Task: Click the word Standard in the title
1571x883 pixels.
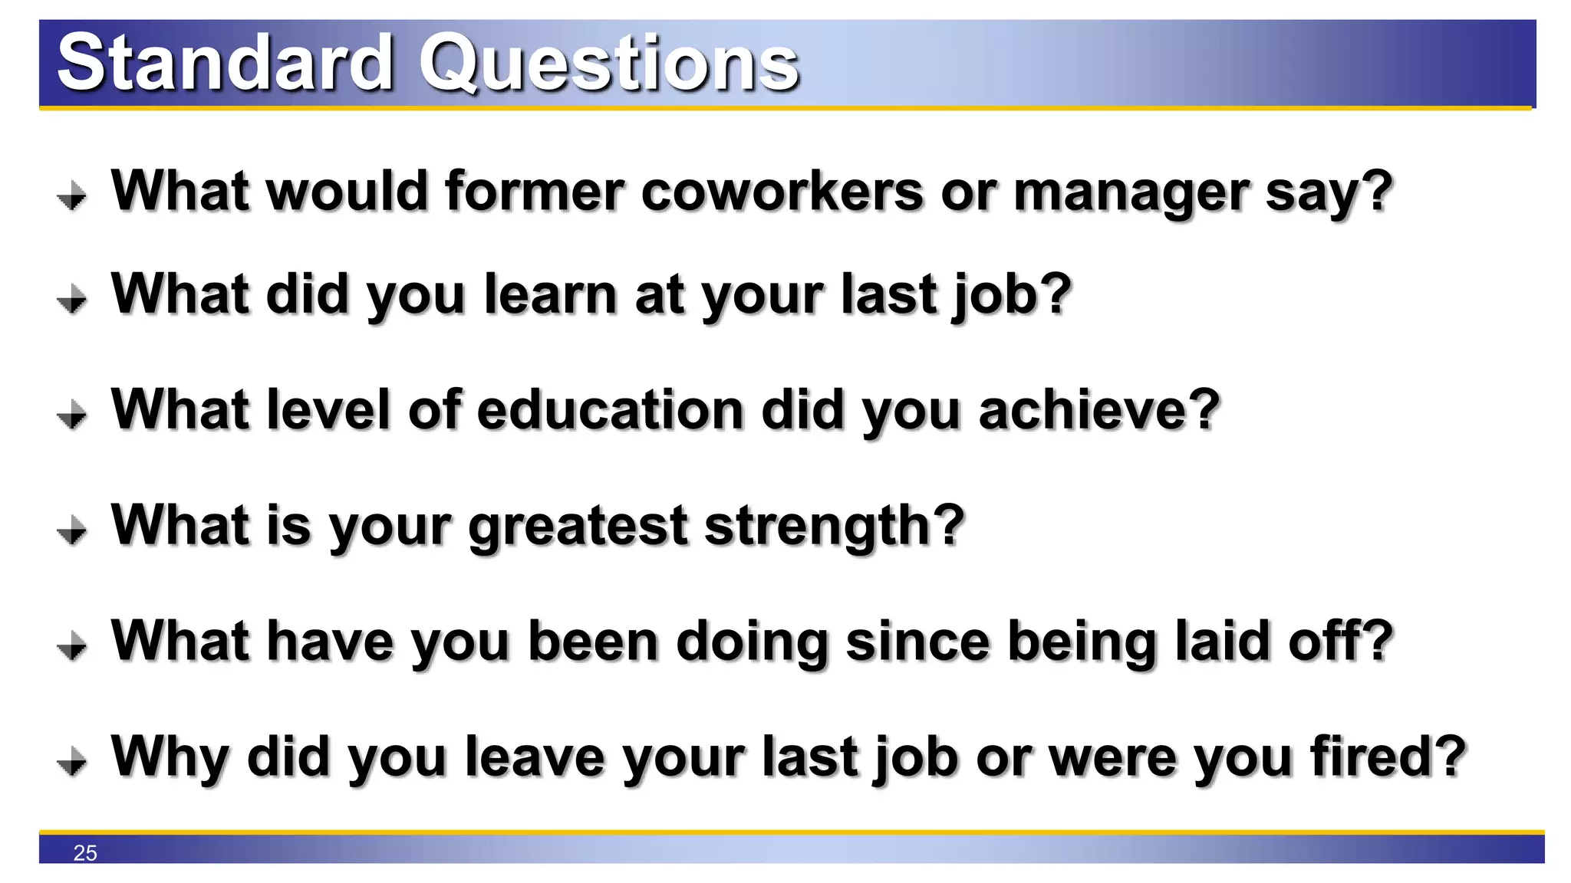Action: click(x=225, y=63)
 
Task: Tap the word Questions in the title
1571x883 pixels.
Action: click(x=608, y=63)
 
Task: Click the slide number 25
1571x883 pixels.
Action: click(x=85, y=853)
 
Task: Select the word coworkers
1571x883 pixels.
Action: click(x=782, y=191)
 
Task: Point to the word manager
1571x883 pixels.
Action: click(x=1131, y=191)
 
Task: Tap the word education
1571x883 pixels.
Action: click(x=611, y=410)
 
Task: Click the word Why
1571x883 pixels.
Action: click(x=170, y=757)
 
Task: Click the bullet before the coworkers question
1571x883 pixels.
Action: click(x=72, y=195)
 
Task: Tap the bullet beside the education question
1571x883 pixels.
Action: click(x=72, y=415)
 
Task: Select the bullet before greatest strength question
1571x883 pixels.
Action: click(x=72, y=530)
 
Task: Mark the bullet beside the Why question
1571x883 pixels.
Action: click(x=72, y=761)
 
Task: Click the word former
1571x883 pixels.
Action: click(x=535, y=191)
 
